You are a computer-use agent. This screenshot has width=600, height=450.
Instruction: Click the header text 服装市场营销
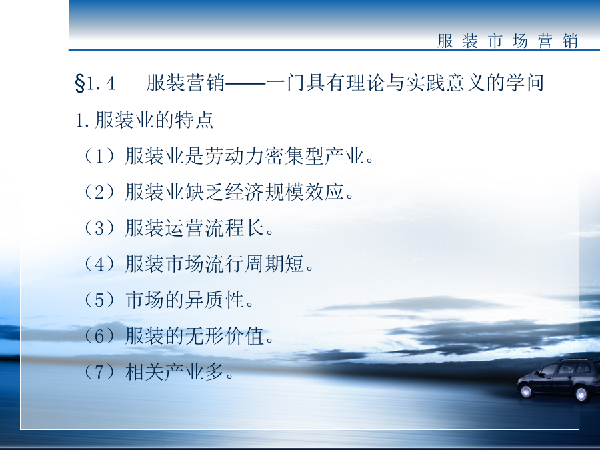(x=507, y=41)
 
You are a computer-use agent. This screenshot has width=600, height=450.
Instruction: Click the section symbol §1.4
(x=95, y=83)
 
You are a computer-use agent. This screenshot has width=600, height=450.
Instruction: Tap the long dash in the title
(x=245, y=83)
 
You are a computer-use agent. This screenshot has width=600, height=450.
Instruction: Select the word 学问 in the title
(x=525, y=83)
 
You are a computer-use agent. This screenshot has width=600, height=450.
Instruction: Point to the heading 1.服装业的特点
(x=144, y=120)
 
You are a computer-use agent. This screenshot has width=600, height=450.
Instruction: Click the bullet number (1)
(x=99, y=156)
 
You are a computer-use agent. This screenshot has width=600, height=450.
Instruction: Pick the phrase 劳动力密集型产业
(x=284, y=156)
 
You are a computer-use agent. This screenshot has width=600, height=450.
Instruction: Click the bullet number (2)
(x=99, y=192)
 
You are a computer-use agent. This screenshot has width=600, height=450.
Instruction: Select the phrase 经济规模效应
(x=284, y=192)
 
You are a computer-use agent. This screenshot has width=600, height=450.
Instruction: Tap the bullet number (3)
(x=99, y=228)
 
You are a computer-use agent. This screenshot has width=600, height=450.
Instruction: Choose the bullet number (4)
(x=99, y=264)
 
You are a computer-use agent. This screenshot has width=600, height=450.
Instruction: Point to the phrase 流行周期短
(x=255, y=264)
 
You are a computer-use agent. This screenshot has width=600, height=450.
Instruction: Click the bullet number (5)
(x=99, y=300)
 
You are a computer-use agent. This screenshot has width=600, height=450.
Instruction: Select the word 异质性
(x=215, y=300)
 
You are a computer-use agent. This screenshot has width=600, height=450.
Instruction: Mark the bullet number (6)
(x=99, y=336)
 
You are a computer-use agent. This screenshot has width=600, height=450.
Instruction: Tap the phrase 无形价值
(x=225, y=336)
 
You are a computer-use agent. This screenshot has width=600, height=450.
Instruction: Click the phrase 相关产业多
(x=175, y=372)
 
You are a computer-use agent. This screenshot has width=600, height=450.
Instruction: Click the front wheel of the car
(x=526, y=391)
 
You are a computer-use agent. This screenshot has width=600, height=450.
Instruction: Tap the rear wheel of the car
(x=581, y=395)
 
